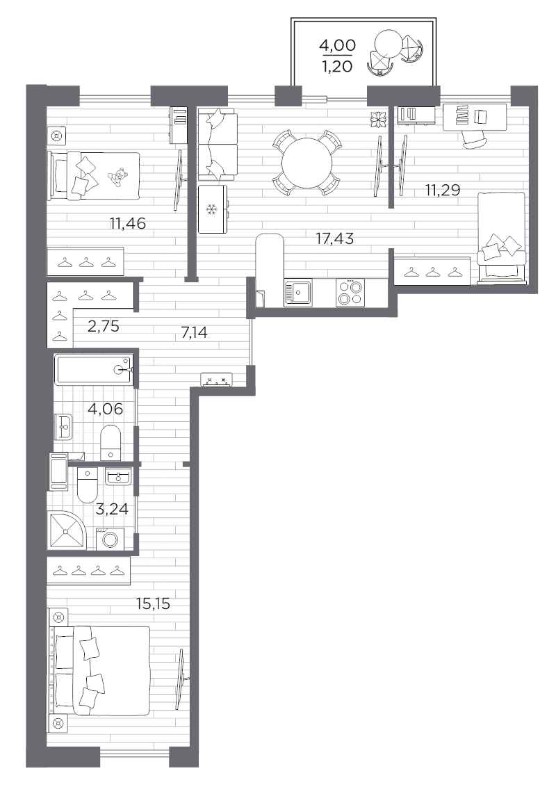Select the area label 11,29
pyautogui.click(x=443, y=189)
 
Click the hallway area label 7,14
pyautogui.click(x=195, y=333)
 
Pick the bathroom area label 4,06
pyautogui.click(x=104, y=409)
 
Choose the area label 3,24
pyautogui.click(x=111, y=509)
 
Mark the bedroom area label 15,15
pyautogui.click(x=154, y=602)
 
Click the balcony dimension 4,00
pyautogui.click(x=336, y=46)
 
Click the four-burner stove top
pyautogui.click(x=350, y=291)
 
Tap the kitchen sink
pyautogui.click(x=301, y=293)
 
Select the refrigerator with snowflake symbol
pyautogui.click(x=212, y=209)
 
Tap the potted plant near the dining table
pyautogui.click(x=379, y=120)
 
